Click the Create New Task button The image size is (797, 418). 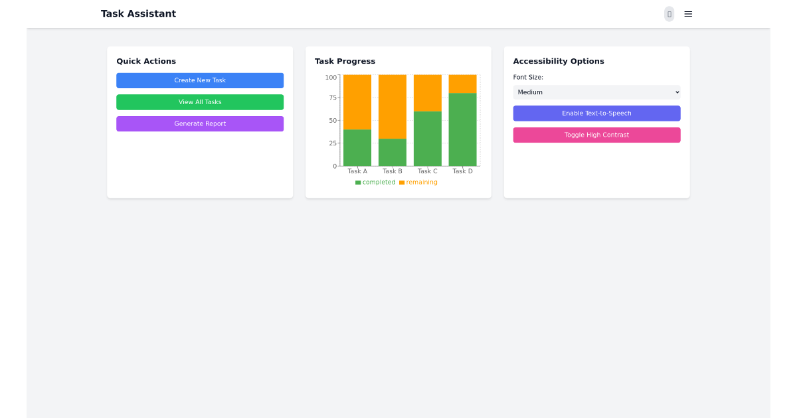click(x=200, y=80)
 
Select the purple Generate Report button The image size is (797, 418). click(x=200, y=123)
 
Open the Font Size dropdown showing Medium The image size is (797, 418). click(x=596, y=92)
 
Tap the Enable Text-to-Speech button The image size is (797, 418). click(x=596, y=113)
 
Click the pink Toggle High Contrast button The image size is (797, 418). click(x=596, y=135)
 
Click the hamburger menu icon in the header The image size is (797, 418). click(x=688, y=14)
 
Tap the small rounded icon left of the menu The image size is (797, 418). click(x=669, y=14)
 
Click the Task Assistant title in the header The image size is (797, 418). click(x=138, y=14)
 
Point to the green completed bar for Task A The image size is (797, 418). click(x=357, y=147)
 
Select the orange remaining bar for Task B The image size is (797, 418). click(x=393, y=106)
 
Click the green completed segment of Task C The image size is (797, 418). click(x=427, y=138)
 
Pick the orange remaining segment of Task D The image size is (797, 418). click(x=462, y=84)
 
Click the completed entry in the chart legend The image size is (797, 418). click(x=375, y=182)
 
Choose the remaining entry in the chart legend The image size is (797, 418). click(x=418, y=182)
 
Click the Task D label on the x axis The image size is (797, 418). click(x=462, y=171)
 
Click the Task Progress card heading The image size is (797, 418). click(x=345, y=61)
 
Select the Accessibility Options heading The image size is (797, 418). click(x=559, y=61)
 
